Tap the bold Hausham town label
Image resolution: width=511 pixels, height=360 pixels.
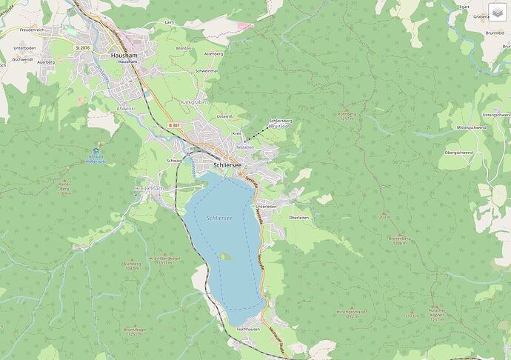point(124,55)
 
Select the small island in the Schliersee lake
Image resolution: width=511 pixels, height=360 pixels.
point(225,257)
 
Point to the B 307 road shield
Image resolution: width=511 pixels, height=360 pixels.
point(173,125)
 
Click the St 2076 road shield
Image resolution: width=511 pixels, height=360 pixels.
point(81,47)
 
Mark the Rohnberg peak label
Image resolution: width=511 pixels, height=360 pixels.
point(347,114)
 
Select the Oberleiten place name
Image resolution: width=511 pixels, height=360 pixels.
point(299,217)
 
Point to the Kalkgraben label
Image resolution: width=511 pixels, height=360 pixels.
point(195,101)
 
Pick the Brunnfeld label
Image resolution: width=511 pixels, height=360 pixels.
point(495,33)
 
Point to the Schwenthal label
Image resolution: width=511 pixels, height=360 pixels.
point(206,70)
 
